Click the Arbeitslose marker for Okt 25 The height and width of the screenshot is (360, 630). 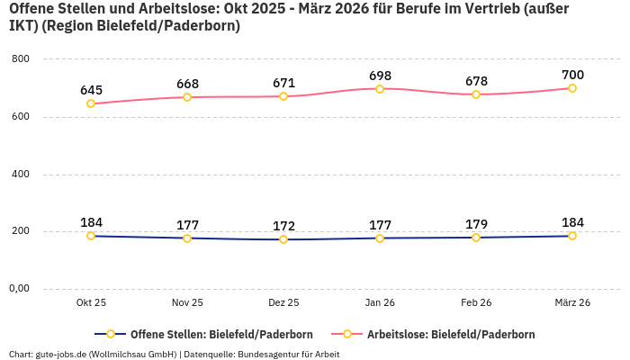click(91, 103)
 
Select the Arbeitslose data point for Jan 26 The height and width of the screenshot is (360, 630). click(380, 89)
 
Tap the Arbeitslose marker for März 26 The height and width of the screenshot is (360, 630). click(572, 88)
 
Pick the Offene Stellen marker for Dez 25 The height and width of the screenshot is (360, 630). click(283, 239)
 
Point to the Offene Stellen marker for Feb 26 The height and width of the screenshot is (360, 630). click(476, 238)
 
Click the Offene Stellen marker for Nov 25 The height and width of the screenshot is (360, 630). click(187, 238)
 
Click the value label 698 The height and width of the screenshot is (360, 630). click(380, 74)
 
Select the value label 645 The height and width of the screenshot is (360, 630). click(91, 89)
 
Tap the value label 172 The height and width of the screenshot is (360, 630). click(283, 225)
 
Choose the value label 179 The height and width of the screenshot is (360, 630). click(476, 223)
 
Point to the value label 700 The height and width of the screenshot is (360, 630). click(572, 74)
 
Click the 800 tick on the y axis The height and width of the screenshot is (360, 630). click(20, 58)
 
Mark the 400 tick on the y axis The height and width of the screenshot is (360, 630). click(20, 174)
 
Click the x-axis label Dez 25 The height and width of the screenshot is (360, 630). click(283, 303)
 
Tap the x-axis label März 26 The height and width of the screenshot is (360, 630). click(572, 303)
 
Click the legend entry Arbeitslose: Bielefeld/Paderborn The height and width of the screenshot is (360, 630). click(441, 334)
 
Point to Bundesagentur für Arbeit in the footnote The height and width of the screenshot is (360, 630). click(288, 354)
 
